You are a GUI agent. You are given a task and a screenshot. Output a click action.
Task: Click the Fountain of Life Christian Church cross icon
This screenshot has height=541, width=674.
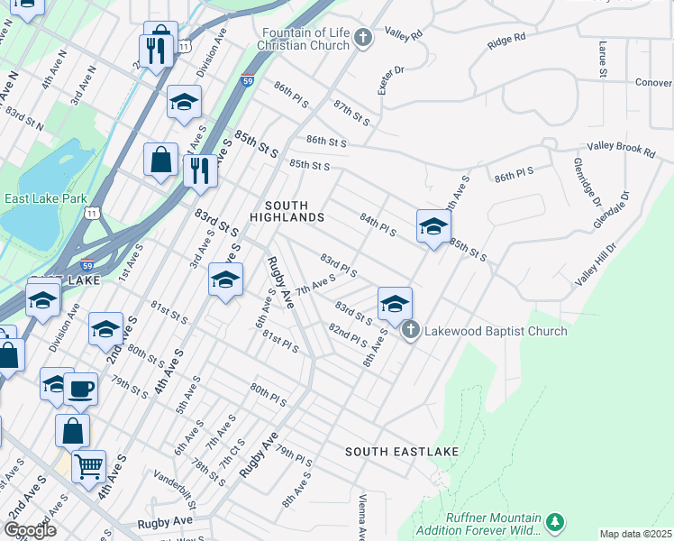(x=362, y=37)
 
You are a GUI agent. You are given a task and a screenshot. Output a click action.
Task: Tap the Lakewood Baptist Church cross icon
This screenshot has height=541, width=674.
(x=410, y=331)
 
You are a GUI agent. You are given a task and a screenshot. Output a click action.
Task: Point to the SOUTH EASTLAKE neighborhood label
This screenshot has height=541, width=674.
(x=402, y=451)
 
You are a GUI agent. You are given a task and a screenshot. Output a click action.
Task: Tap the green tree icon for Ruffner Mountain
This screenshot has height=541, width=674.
(x=556, y=522)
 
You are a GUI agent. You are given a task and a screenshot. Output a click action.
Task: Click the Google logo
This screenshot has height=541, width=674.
(x=29, y=530)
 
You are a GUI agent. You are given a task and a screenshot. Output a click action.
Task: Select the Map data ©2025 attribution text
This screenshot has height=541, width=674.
(x=635, y=534)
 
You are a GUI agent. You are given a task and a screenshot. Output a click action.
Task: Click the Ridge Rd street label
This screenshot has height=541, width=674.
(x=505, y=40)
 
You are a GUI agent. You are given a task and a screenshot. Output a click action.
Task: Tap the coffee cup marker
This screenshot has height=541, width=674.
(x=80, y=389)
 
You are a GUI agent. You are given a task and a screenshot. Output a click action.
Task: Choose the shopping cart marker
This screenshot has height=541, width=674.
(x=88, y=467)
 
